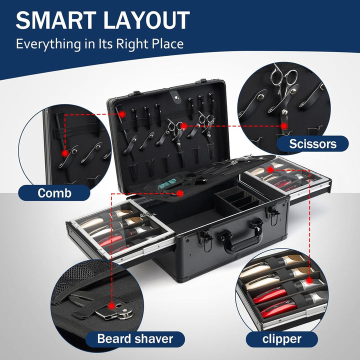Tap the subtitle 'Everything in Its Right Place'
pyautogui.click(x=99, y=43)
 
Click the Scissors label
pyautogui.click(x=312, y=144)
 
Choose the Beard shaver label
pyautogui.click(x=135, y=339)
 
